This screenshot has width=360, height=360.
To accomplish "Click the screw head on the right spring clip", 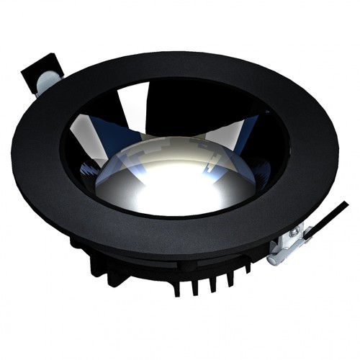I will (x=294, y=231).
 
